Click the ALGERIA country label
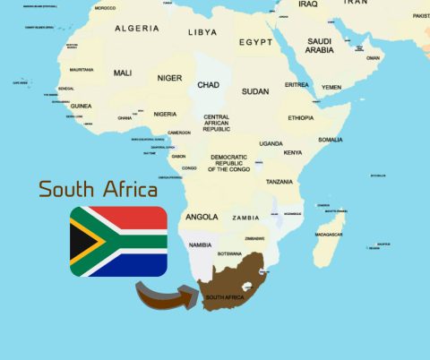click(x=137, y=29)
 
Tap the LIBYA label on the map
click(x=202, y=32)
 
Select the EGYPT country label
click(x=256, y=42)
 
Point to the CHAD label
click(x=208, y=85)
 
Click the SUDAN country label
click(x=255, y=91)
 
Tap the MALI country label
click(x=123, y=73)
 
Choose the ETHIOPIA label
click(x=301, y=117)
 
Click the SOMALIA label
click(x=331, y=140)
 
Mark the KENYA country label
click(x=293, y=152)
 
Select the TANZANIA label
click(x=279, y=182)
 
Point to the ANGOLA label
click(x=202, y=217)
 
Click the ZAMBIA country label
click(x=246, y=218)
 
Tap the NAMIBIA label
click(x=201, y=244)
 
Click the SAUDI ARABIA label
click(x=321, y=46)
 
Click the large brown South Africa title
click(x=99, y=190)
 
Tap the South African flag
click(x=119, y=241)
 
